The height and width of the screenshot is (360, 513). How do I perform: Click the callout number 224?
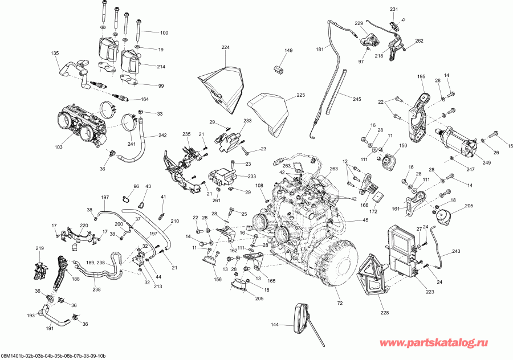[x=225, y=47]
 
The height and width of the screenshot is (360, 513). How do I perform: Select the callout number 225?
[x=300, y=95]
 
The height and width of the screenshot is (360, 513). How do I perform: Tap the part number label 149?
[x=288, y=51]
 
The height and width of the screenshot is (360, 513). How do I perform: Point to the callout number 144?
[x=274, y=325]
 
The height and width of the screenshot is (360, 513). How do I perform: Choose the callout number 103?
[x=58, y=147]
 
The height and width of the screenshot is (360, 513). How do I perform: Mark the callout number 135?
[x=55, y=53]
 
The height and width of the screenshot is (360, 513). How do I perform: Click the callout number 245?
[x=356, y=99]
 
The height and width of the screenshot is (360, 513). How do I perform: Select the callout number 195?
[x=421, y=76]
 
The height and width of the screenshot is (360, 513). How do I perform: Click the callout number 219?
[x=39, y=248]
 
